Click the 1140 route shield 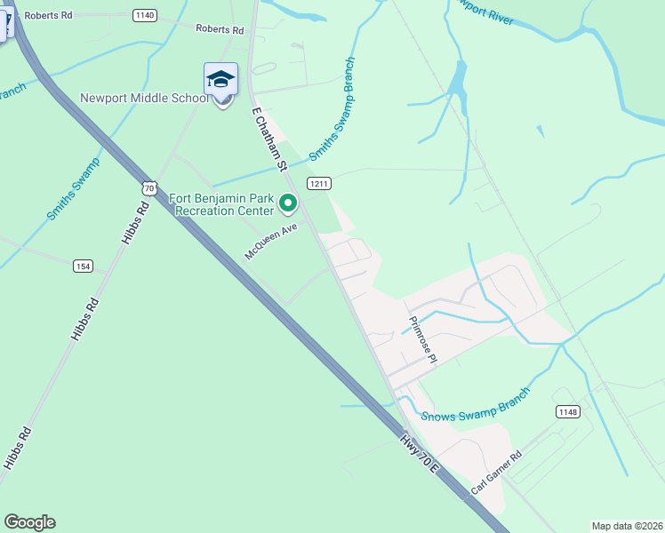pos(144,15)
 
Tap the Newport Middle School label pos(143,98)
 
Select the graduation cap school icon pos(221,80)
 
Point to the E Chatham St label pos(271,140)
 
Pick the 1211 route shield pos(319,184)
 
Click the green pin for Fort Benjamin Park pos(288,204)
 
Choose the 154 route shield pos(83,266)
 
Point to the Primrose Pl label pos(422,340)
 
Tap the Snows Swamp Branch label pos(476,404)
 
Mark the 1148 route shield pos(567,411)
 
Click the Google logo pos(29,522)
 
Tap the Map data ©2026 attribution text pos(628,526)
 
